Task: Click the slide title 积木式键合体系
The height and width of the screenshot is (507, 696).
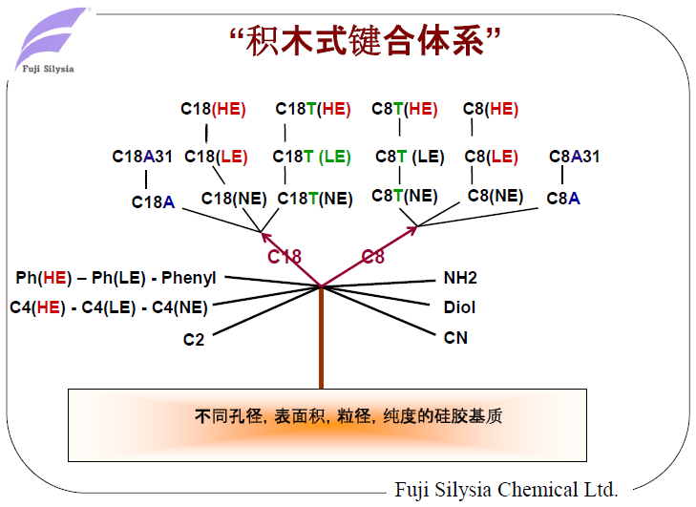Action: pyautogui.click(x=367, y=40)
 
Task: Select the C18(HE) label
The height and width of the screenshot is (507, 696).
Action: pyautogui.click(x=213, y=109)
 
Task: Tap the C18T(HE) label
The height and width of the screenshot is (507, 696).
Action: pyautogui.click(x=313, y=109)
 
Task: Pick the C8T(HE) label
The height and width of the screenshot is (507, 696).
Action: pyautogui.click(x=405, y=109)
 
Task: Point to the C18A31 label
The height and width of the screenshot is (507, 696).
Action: pyautogui.click(x=142, y=157)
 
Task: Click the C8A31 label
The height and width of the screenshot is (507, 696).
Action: pyautogui.click(x=574, y=157)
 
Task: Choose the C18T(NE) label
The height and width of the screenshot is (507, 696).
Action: pyautogui.click(x=315, y=199)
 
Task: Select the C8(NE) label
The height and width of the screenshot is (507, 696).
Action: pyautogui.click(x=496, y=196)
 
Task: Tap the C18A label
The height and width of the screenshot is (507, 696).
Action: pyautogui.click(x=153, y=201)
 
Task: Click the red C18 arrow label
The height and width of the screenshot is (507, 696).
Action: pyautogui.click(x=285, y=256)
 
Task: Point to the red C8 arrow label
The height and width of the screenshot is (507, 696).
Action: pyautogui.click(x=373, y=256)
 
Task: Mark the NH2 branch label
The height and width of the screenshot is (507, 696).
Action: pyautogui.click(x=460, y=278)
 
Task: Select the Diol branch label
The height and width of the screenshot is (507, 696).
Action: pyautogui.click(x=459, y=307)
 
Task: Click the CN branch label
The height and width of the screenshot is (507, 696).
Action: pyautogui.click(x=455, y=337)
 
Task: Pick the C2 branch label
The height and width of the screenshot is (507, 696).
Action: pyautogui.click(x=194, y=338)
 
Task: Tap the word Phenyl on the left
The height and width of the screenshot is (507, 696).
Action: pyautogui.click(x=189, y=278)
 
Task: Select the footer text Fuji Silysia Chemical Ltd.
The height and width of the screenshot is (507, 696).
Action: pyautogui.click(x=506, y=490)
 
